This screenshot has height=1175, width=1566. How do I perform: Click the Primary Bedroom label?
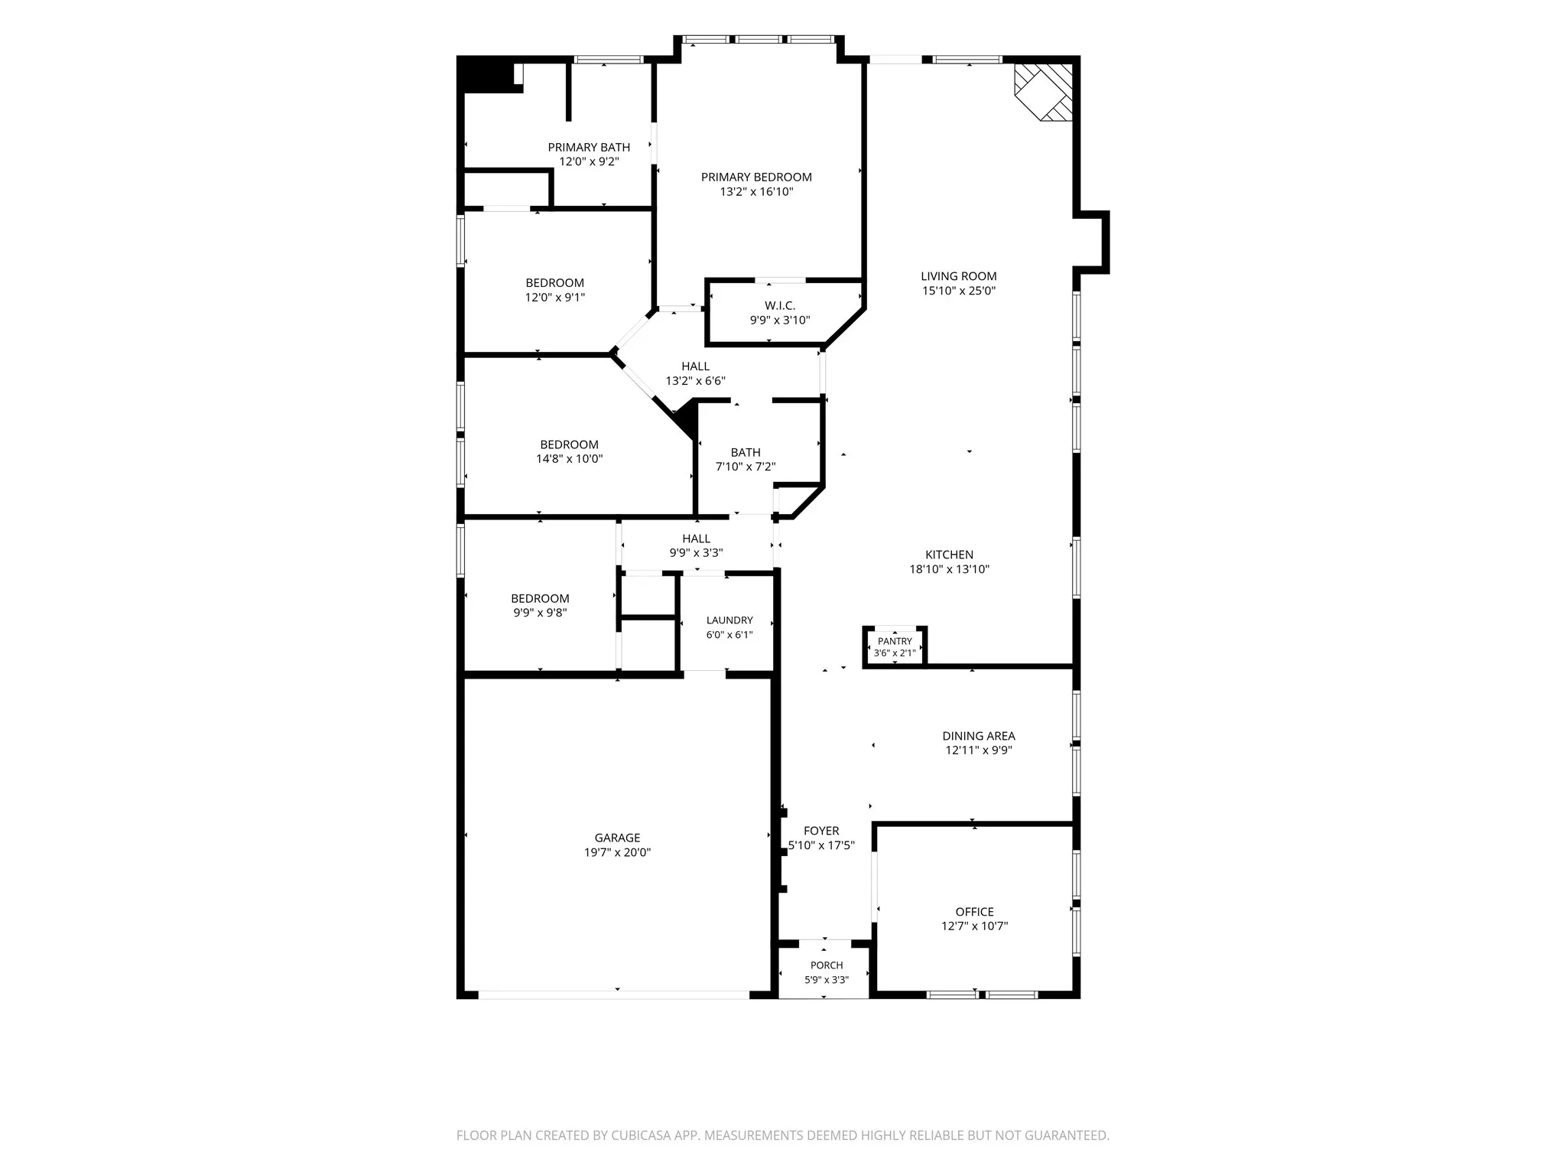(x=756, y=177)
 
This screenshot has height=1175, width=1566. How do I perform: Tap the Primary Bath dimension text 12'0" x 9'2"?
(x=589, y=161)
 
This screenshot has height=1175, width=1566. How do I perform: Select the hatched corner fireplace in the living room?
(x=1044, y=92)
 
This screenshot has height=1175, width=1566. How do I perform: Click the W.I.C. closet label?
(x=780, y=306)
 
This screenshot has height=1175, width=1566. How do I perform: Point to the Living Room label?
(x=959, y=276)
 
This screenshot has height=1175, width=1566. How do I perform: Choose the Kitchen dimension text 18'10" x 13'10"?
(x=950, y=569)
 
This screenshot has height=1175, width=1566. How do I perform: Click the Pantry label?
(x=895, y=641)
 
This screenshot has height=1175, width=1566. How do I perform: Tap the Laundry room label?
(x=729, y=620)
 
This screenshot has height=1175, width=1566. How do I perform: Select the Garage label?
(x=618, y=838)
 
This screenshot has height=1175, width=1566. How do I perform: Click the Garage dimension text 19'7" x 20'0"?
(x=618, y=852)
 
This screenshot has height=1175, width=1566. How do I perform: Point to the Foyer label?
(x=821, y=831)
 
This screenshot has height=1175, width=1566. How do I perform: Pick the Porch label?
(x=827, y=965)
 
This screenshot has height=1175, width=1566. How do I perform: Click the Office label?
(x=975, y=912)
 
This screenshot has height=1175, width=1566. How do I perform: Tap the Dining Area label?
(x=979, y=736)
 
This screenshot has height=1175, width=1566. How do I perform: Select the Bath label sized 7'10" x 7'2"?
(x=746, y=452)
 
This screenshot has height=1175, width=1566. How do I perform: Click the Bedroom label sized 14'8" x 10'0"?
(x=570, y=444)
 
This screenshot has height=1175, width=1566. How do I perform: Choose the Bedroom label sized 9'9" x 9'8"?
(x=541, y=598)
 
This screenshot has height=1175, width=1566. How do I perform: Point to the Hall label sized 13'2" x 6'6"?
(x=696, y=366)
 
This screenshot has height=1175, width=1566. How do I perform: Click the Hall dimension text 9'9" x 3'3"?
(x=697, y=552)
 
